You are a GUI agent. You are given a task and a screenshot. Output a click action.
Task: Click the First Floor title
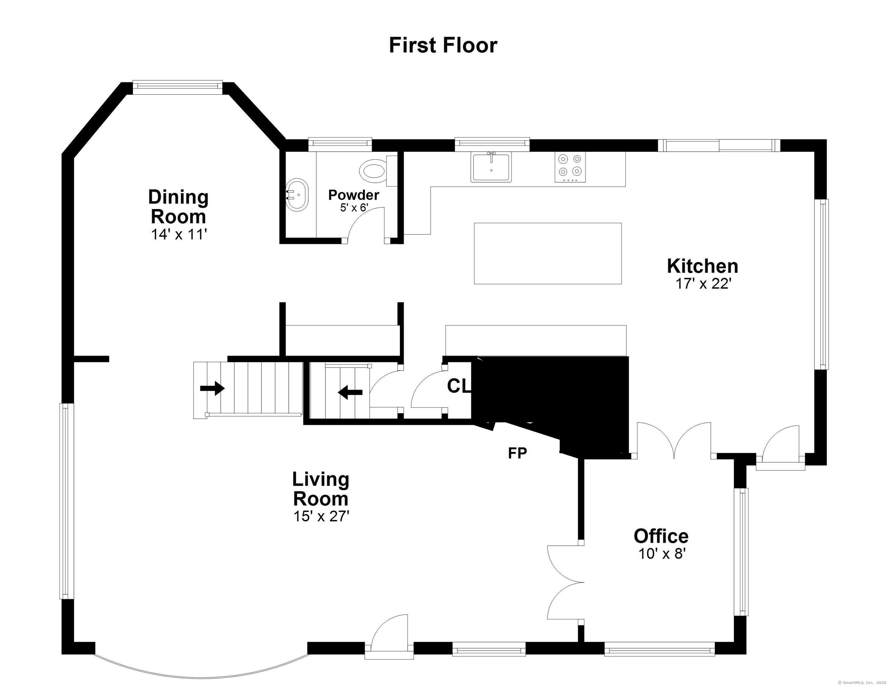[x=443, y=45]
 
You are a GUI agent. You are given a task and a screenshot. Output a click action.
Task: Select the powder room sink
[x=297, y=194]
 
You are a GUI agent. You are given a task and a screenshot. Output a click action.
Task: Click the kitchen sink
[x=491, y=167]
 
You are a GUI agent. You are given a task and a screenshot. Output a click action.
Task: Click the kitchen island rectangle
[x=547, y=253]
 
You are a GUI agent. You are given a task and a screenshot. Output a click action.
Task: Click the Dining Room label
[x=178, y=207]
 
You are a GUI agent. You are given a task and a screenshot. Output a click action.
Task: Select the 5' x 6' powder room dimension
[x=354, y=208]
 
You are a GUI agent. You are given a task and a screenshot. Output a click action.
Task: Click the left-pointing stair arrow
[x=350, y=392]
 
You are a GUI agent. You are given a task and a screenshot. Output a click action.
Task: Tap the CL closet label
[x=458, y=386]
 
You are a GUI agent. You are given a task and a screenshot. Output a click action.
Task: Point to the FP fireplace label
[x=517, y=453]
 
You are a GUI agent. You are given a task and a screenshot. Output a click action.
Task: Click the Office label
[x=661, y=536]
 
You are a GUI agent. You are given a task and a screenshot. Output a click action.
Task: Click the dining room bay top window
[x=178, y=85]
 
